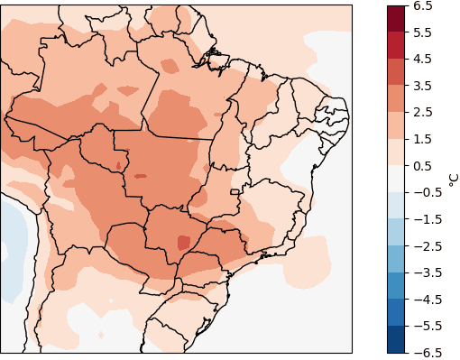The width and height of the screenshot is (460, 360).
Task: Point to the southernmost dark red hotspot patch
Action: tap(184, 242)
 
